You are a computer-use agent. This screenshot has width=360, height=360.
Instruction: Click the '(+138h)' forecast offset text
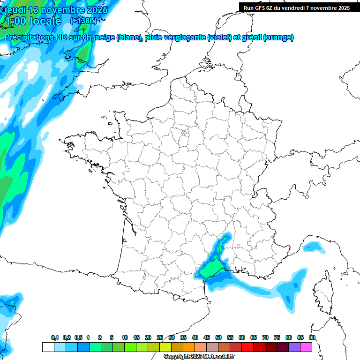point(83,21)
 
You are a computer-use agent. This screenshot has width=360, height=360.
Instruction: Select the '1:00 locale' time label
point(32,21)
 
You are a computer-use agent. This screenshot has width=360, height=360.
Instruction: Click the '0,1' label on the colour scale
point(55,338)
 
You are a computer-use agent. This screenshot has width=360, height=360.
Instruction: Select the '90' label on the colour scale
point(312,338)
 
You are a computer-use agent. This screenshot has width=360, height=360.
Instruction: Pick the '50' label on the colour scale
point(218,338)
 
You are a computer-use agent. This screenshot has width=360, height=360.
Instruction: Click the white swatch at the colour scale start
point(48,347)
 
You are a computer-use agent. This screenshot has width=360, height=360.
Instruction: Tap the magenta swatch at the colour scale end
point(306,347)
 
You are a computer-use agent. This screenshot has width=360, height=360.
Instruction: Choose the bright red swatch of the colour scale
point(247,347)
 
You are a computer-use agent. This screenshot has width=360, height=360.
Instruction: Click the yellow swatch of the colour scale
point(165,347)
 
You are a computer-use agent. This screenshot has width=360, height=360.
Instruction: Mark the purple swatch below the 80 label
point(294,347)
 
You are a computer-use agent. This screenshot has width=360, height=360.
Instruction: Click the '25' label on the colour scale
point(160,338)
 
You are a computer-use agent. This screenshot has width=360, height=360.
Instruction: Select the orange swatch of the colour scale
point(188,347)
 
